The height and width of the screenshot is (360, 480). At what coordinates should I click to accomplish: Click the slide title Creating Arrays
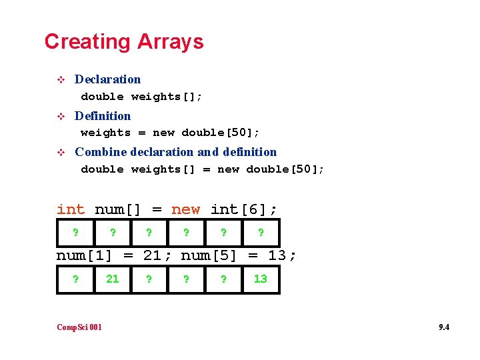click(124, 41)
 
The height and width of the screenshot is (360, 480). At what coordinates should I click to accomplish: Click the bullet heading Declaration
click(107, 79)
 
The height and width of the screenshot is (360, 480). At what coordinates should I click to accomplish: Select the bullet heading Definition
click(103, 116)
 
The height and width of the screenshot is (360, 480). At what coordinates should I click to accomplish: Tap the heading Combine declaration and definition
click(175, 152)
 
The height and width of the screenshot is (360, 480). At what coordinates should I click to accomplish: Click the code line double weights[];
click(141, 97)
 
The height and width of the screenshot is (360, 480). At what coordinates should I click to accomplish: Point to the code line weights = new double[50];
click(170, 133)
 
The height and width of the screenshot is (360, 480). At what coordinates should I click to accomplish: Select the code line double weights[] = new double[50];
click(203, 169)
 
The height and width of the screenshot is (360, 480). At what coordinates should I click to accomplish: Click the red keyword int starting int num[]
click(71, 209)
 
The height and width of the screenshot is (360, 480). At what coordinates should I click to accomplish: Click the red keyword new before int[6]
click(185, 209)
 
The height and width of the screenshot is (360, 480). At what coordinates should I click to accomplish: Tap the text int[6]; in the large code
click(244, 209)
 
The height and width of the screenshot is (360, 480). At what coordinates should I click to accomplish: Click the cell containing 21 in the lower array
click(113, 279)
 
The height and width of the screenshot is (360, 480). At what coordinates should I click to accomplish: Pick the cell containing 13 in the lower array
click(260, 279)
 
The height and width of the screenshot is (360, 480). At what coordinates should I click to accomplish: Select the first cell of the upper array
click(75, 233)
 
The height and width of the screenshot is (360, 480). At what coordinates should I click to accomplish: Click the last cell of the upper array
click(260, 233)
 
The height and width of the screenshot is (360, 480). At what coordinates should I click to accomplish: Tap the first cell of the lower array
click(75, 279)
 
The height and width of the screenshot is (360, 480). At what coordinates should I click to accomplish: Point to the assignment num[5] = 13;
click(239, 255)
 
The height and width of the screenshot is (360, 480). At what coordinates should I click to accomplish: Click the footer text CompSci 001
click(79, 327)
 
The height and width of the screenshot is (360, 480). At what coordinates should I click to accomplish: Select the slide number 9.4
click(443, 327)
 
